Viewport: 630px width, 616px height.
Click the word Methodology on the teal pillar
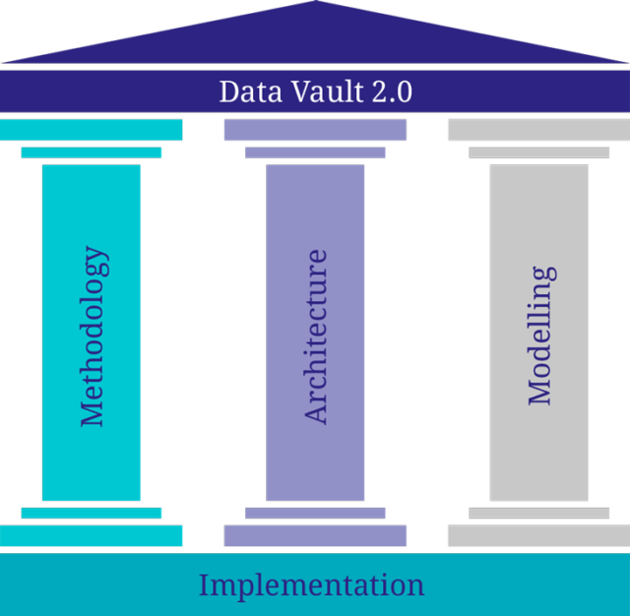click(94, 337)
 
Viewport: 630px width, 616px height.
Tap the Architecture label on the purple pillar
click(316, 337)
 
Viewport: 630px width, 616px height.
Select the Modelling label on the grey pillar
click(540, 336)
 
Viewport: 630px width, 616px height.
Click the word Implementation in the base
click(311, 585)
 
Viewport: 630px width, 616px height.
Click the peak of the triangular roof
click(314, 4)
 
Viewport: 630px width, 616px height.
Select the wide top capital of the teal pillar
click(92, 130)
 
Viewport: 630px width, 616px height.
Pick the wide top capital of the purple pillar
click(315, 130)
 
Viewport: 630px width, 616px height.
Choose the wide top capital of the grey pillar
click(538, 130)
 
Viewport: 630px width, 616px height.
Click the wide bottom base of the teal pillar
click(92, 536)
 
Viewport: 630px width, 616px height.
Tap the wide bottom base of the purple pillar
click(315, 536)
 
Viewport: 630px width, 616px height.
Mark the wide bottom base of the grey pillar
click(538, 536)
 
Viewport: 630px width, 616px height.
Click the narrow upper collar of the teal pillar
click(92, 153)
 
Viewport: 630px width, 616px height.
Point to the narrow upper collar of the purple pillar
click(315, 153)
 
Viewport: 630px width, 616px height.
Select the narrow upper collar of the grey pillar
click(538, 153)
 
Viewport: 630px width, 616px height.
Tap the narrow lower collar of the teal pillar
click(92, 513)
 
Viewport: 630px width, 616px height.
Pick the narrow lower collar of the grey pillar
click(538, 513)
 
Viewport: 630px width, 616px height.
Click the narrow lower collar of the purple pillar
click(315, 513)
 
